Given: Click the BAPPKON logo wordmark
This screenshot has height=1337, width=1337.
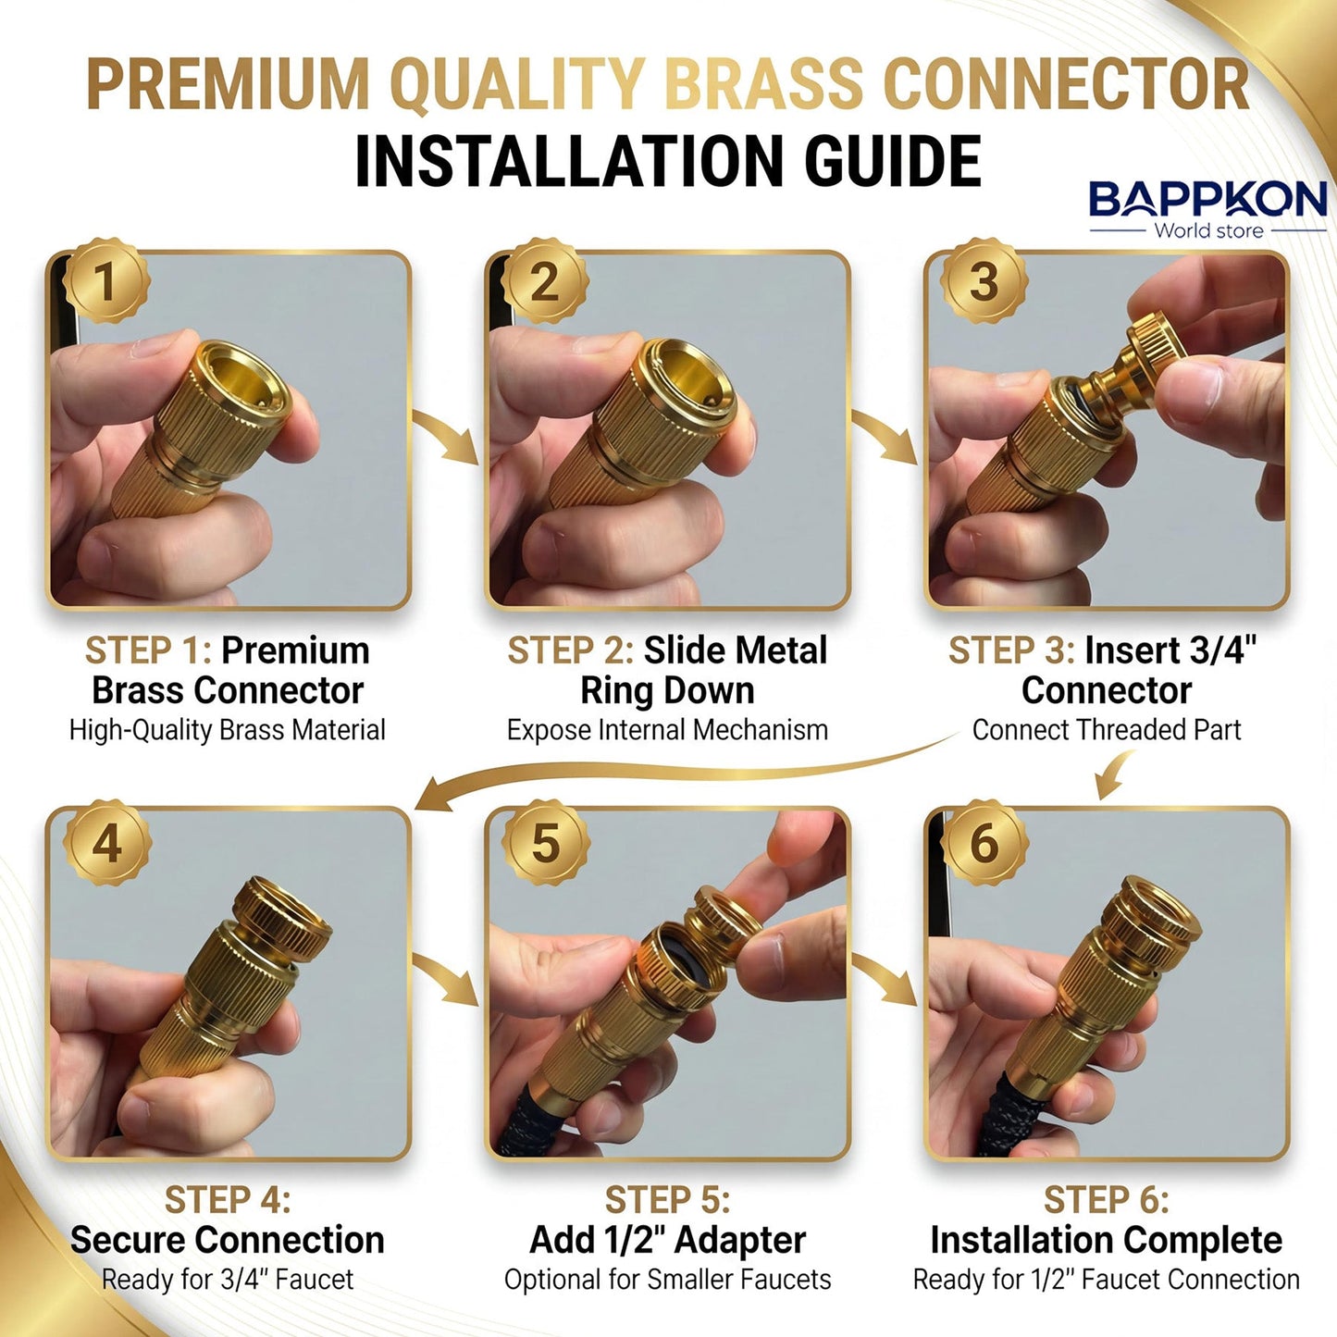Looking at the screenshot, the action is tap(1207, 199).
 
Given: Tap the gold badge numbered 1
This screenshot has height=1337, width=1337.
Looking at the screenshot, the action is tap(106, 281).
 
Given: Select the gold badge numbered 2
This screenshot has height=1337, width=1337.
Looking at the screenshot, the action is tap(545, 281).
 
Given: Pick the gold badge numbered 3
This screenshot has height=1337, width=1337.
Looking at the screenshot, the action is tap(984, 281).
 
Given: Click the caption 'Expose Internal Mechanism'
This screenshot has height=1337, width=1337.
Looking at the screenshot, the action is tap(667, 730).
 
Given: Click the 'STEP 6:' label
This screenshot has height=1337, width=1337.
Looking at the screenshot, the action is tap(1106, 1200).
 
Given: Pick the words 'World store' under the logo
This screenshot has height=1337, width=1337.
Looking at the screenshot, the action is tap(1208, 230).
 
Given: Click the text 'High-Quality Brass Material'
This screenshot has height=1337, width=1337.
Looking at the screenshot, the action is tap(228, 730).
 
